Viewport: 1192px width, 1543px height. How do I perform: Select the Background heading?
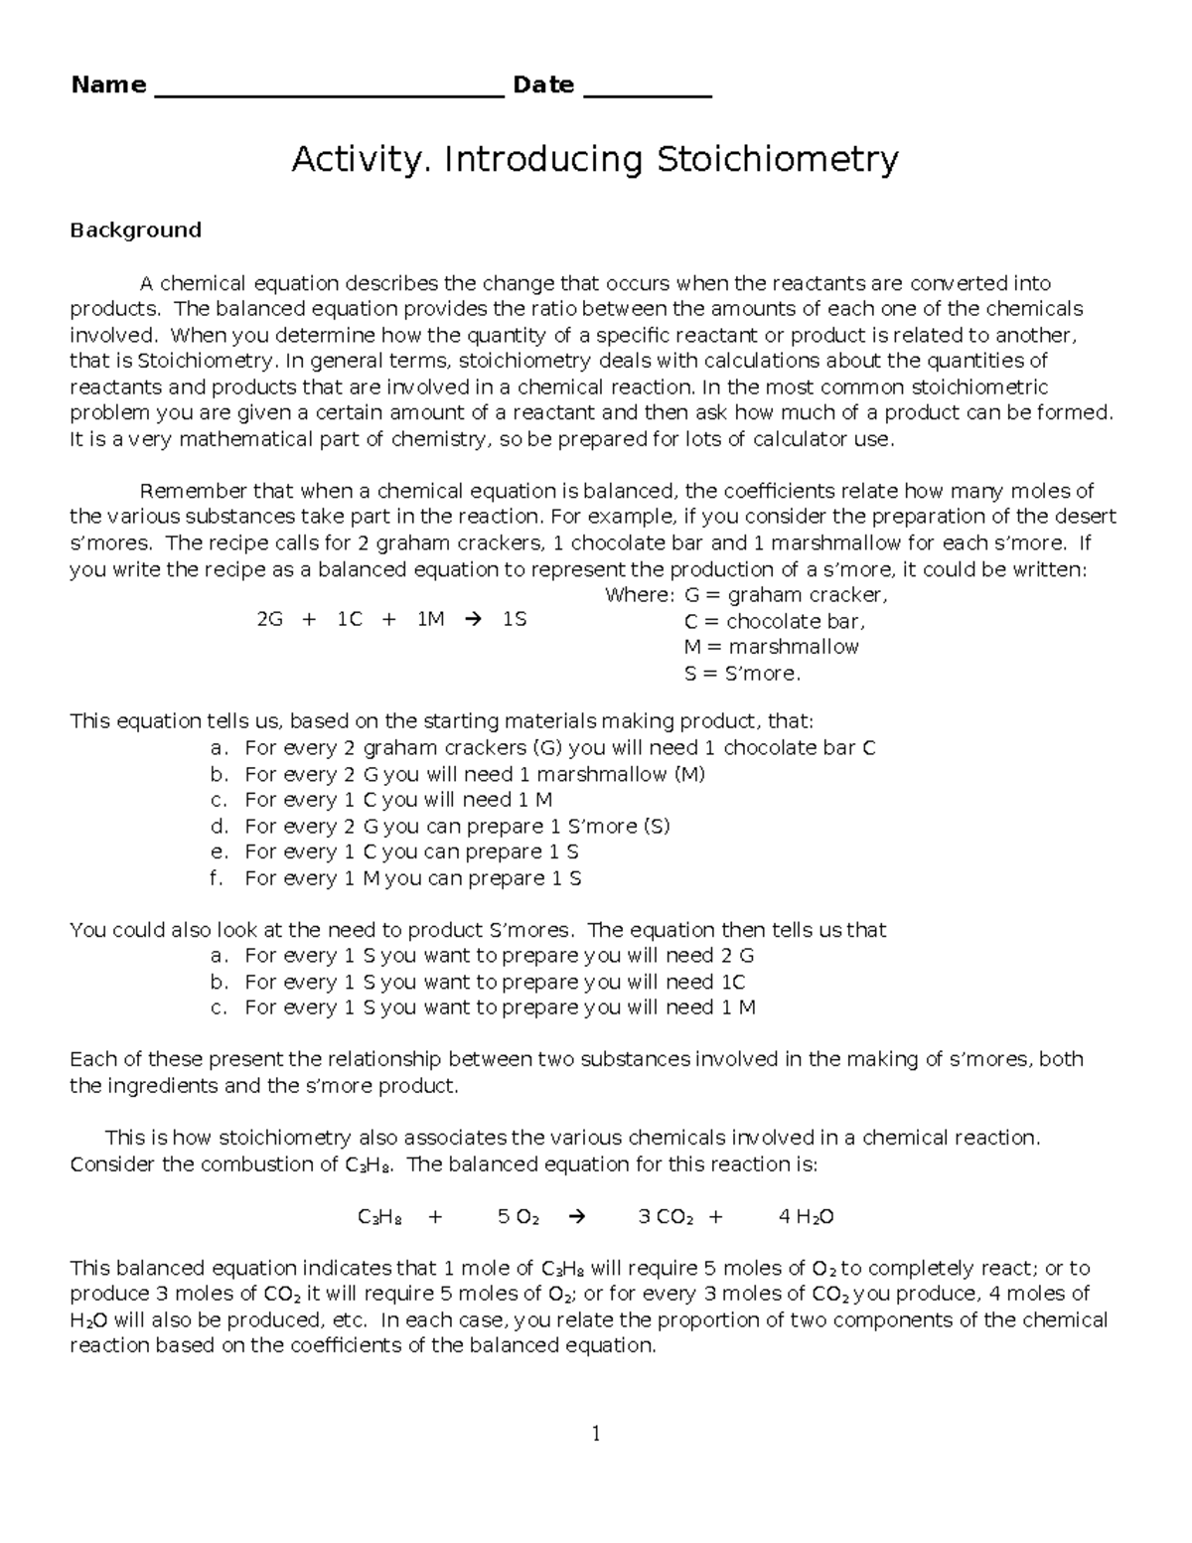(x=135, y=231)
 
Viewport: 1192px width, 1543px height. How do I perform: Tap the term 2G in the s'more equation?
(x=269, y=620)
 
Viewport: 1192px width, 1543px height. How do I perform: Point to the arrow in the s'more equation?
(x=472, y=620)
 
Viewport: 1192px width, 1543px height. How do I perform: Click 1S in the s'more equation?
(x=515, y=620)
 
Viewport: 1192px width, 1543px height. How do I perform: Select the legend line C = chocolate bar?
(x=774, y=622)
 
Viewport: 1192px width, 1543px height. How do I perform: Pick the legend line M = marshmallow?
(x=771, y=648)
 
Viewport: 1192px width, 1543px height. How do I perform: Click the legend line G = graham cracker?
(x=785, y=596)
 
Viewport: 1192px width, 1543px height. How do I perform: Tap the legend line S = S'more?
(x=741, y=674)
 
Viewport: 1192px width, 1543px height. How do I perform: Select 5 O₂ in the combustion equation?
(x=518, y=1217)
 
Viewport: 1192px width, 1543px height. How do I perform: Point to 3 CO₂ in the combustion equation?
(x=665, y=1217)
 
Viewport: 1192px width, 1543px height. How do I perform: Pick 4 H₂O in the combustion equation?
(x=806, y=1217)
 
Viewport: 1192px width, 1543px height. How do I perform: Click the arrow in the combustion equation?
(x=575, y=1217)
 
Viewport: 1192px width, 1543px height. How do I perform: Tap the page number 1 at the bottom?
(x=596, y=1434)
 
